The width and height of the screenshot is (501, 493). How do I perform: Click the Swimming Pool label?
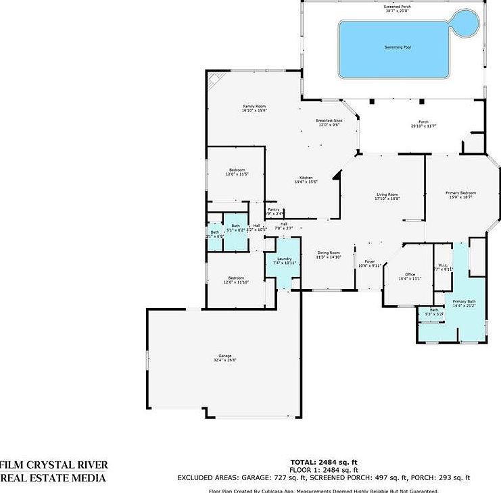[x=398, y=47]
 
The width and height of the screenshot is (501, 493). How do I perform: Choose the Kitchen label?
[x=306, y=179]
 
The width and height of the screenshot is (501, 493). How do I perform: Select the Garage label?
[x=225, y=357]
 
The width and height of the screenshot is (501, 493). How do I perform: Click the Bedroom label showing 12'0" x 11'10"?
[x=236, y=280]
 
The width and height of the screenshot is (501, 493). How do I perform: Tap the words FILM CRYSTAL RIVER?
[x=53, y=465]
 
